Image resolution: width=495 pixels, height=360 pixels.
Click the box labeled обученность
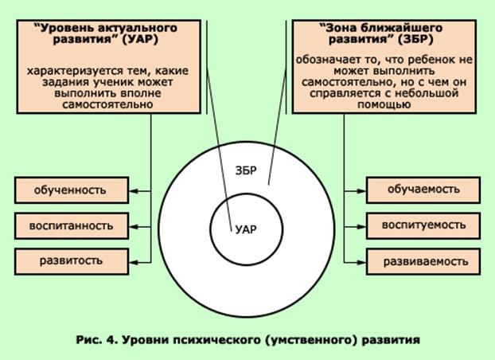point(71,190)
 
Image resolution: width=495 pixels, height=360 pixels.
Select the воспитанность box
point(71,225)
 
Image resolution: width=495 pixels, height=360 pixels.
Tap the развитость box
point(71,260)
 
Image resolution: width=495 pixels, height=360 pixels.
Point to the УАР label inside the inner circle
point(247,229)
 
